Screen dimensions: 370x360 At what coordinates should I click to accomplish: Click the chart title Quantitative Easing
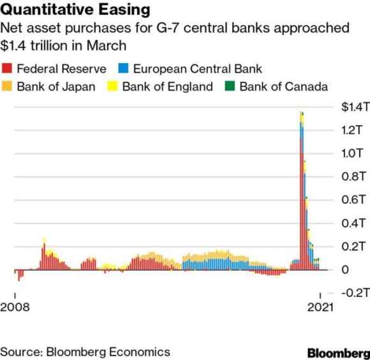[75, 10]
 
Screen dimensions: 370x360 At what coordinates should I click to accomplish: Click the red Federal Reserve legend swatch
[6, 68]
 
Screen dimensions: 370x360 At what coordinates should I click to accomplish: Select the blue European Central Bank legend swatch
[123, 68]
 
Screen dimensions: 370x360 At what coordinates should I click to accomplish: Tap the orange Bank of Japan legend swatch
[6, 86]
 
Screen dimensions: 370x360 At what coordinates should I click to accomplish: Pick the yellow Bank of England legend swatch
[112, 86]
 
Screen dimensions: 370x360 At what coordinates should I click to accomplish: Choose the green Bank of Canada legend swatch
[230, 86]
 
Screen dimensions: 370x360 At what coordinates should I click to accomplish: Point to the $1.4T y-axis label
[355, 107]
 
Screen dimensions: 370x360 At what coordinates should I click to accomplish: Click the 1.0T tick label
[352, 153]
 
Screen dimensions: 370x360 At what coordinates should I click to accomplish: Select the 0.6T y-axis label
[353, 200]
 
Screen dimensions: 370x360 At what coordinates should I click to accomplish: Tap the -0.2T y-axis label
[355, 293]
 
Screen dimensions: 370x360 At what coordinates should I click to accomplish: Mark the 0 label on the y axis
[345, 269]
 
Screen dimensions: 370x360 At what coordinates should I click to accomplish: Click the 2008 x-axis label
[15, 307]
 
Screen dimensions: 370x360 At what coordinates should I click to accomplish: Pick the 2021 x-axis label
[320, 307]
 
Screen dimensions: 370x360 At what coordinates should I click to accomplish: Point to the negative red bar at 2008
[19, 275]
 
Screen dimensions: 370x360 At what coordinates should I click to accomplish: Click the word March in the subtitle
[107, 45]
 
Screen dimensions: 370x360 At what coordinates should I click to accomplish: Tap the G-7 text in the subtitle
[168, 28]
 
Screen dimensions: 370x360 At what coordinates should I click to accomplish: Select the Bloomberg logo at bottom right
[339, 353]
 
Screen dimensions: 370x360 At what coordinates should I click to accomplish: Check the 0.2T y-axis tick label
[353, 246]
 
